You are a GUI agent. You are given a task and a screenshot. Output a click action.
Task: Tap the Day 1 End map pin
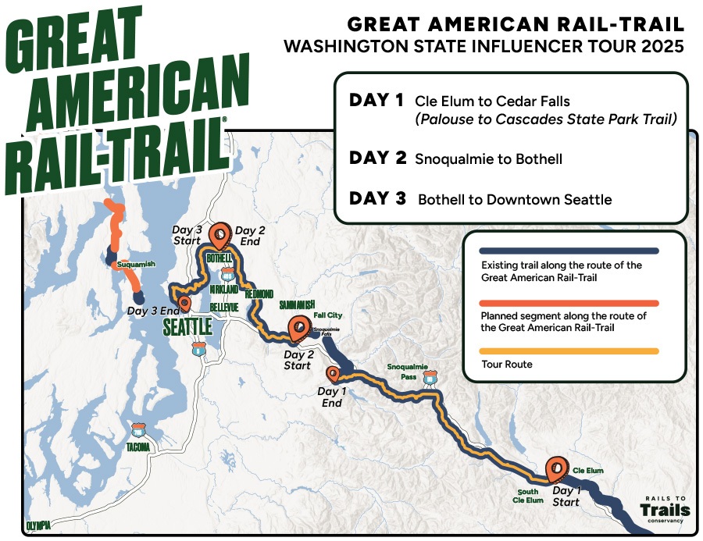[x=334, y=374]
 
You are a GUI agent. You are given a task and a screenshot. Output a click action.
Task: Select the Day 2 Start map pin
[x=298, y=329]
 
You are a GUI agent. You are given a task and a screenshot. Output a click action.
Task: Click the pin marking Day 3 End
[x=184, y=302]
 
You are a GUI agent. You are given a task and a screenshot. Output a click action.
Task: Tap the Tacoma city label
[x=137, y=448]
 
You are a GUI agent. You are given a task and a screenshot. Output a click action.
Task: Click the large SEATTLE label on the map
[x=187, y=326]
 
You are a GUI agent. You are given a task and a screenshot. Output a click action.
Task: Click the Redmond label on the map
[x=259, y=294]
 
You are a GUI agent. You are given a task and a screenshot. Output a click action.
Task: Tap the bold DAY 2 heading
[x=378, y=158]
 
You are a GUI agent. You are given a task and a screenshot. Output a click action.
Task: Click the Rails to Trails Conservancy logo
[x=665, y=508]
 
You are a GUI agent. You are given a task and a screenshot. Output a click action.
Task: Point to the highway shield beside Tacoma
[x=138, y=429]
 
